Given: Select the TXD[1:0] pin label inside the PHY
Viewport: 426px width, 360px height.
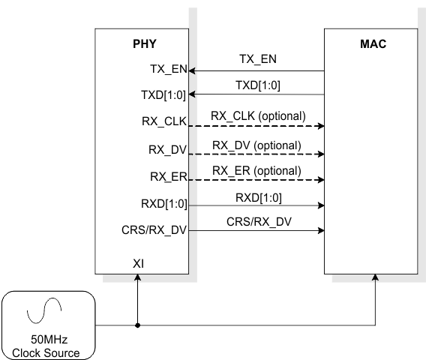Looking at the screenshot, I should (x=163, y=94).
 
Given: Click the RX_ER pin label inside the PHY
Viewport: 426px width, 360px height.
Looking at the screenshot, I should (x=168, y=177).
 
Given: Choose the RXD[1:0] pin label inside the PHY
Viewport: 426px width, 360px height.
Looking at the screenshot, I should (x=163, y=203).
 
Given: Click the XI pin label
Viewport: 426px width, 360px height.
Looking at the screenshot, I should (x=139, y=263).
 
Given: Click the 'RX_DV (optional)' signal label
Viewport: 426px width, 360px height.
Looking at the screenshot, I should (x=256, y=145).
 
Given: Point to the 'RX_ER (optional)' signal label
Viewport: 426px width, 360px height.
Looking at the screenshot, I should (x=256, y=171).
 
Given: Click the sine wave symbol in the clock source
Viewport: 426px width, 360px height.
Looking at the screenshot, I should (x=40, y=308).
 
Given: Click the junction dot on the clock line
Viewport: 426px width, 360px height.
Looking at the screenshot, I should (x=138, y=325).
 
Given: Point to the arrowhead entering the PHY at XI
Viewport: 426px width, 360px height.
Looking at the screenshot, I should (x=138, y=278).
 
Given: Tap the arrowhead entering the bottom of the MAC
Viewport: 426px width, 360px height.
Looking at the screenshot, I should (x=375, y=278).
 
